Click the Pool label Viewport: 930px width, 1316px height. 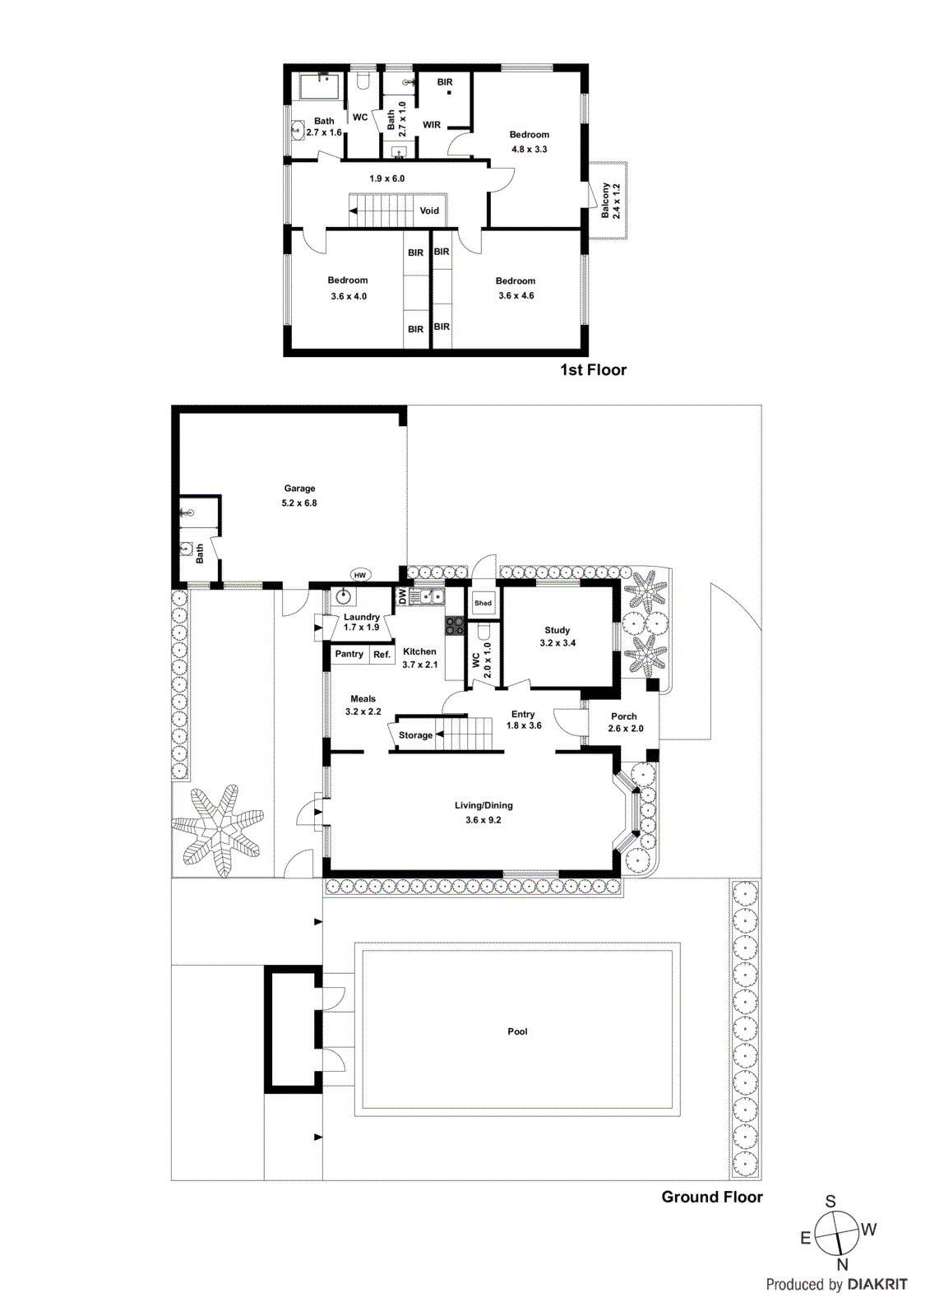[x=517, y=1031]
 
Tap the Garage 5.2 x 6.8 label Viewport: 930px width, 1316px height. [x=299, y=495]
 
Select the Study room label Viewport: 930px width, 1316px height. [x=558, y=637]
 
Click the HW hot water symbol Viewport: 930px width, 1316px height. [x=359, y=575]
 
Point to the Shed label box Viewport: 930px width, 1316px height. [x=483, y=603]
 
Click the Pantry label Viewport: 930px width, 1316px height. [x=349, y=654]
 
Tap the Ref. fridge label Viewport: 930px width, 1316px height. [x=382, y=655]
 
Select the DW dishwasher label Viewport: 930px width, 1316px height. [x=402, y=596]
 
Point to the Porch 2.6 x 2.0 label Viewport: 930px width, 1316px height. [x=625, y=722]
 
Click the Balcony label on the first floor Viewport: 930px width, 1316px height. [x=610, y=200]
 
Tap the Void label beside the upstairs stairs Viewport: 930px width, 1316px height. [x=429, y=211]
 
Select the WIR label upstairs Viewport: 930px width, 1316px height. [x=432, y=125]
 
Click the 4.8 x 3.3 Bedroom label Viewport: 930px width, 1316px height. [x=529, y=141]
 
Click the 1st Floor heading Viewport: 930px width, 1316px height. [x=593, y=370]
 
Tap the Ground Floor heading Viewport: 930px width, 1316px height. [x=711, y=1197]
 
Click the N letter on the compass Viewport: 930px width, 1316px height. [x=842, y=1265]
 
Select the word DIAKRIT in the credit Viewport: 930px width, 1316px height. [x=877, y=1285]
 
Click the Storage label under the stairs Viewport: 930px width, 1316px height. [x=415, y=735]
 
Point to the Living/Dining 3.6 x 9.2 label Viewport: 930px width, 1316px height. [x=484, y=813]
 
